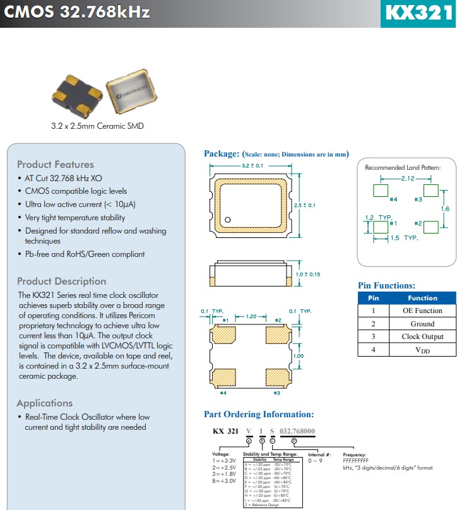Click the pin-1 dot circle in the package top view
point(228,220)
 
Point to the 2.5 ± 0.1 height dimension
point(305,205)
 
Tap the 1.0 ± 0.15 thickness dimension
point(308,274)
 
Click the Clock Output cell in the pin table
point(422,336)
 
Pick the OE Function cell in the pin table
point(422,310)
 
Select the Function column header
point(422,297)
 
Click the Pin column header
point(373,297)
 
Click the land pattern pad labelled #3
point(430,189)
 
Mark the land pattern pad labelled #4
point(381,189)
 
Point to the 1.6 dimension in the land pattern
point(445,208)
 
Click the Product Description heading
point(61,281)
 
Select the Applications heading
point(44,403)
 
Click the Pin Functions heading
point(386,285)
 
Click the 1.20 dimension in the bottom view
point(251,316)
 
